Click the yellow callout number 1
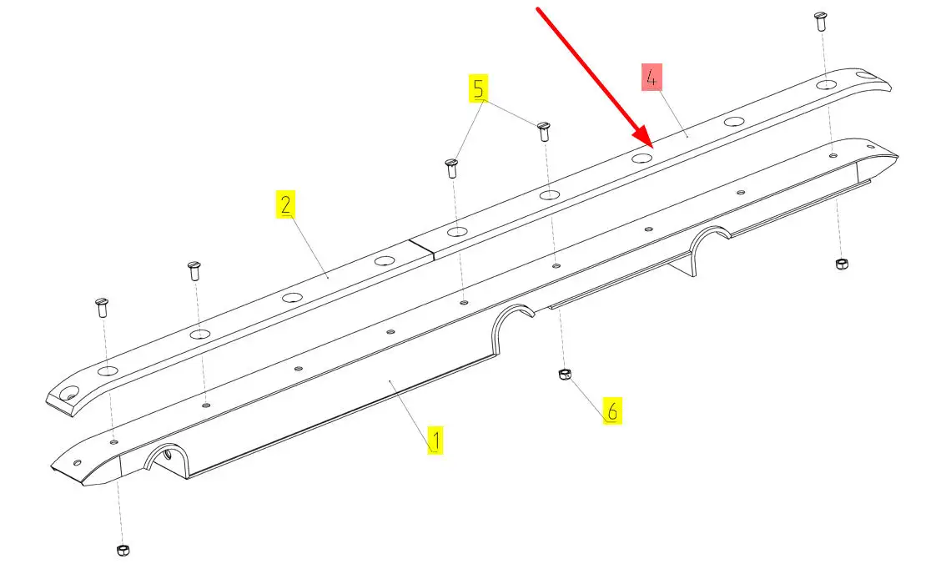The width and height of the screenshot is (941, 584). coord(435,440)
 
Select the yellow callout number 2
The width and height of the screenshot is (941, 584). coord(285,204)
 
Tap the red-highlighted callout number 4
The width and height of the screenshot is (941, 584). coord(652,77)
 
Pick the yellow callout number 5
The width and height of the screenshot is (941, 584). coord(478,88)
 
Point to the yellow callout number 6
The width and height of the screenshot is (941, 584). coord(612,411)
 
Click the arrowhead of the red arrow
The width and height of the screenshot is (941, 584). coord(643,137)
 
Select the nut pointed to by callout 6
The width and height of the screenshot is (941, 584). coord(564,375)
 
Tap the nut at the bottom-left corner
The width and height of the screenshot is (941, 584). coord(123,550)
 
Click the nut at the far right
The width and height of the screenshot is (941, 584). coord(842,264)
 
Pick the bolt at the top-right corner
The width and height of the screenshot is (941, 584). coord(820,21)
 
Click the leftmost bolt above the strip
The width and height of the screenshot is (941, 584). coord(102,308)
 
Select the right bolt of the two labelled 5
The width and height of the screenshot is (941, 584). coord(544,132)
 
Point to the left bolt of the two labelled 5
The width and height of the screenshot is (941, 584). coord(452,169)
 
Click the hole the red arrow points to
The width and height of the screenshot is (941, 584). coord(642,158)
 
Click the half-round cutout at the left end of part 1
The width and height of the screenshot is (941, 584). coord(167,460)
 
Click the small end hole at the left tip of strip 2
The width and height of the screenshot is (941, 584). coord(68,393)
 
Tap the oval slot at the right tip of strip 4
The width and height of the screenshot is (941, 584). coord(866,75)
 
